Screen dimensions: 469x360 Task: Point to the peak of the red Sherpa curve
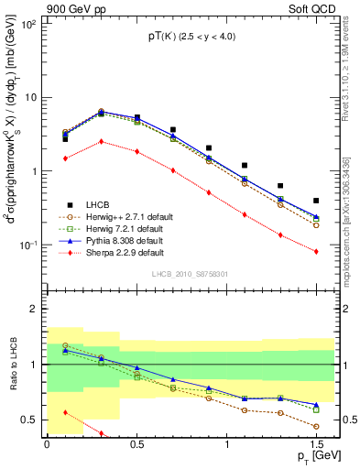101,141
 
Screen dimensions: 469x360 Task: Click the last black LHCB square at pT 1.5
316,201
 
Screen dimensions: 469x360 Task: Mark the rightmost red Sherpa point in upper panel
316,252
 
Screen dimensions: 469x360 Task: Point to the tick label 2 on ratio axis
34,310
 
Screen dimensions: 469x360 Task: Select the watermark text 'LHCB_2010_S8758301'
189,274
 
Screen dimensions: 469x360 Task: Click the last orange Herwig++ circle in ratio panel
316,427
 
